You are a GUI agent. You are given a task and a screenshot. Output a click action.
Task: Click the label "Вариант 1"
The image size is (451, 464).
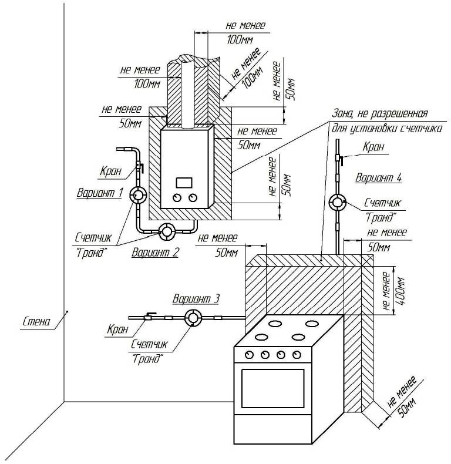point(100,192)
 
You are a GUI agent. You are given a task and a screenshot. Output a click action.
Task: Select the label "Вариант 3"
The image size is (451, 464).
point(196,299)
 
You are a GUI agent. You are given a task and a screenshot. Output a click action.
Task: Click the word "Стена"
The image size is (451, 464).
point(36,321)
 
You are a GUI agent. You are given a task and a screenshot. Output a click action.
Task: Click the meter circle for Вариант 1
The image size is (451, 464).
point(139,195)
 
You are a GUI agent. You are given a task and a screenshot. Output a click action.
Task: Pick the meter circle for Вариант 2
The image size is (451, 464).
point(167,231)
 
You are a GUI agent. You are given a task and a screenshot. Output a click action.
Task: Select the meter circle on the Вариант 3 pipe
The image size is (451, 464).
point(193,318)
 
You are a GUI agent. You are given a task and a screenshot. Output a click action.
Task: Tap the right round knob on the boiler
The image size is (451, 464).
point(193,198)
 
